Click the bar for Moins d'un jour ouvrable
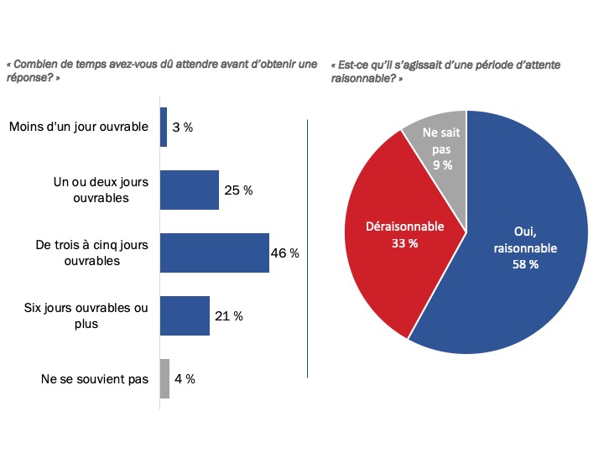(164, 128)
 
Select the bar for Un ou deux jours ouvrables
(190, 190)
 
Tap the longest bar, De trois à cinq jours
(215, 253)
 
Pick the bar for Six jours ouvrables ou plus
(185, 315)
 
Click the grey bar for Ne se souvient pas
(164, 378)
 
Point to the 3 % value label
(183, 128)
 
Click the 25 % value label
(238, 190)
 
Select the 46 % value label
(285, 253)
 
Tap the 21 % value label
(228, 315)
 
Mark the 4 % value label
(185, 378)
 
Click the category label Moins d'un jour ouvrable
(78, 128)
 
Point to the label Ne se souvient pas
(95, 378)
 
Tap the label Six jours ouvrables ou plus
(86, 315)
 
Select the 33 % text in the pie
(405, 242)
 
